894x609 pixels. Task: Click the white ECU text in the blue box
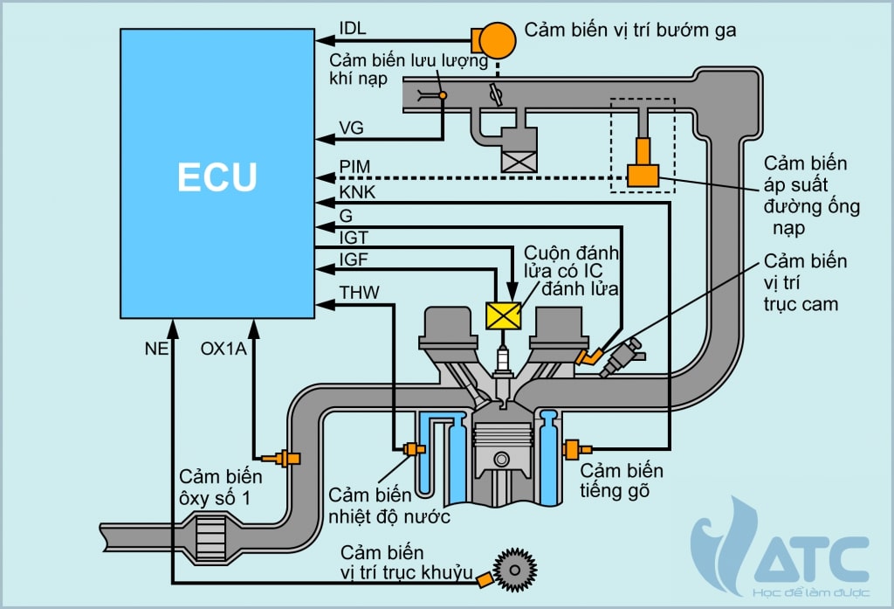[x=217, y=176]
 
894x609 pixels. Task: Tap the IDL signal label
[x=352, y=28]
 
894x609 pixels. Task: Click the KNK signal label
[x=356, y=192]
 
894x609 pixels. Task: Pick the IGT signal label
[x=354, y=236]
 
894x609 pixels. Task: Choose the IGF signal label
[x=354, y=258]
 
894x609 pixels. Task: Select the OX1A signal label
[x=223, y=348]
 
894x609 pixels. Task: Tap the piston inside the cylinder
[x=502, y=450]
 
